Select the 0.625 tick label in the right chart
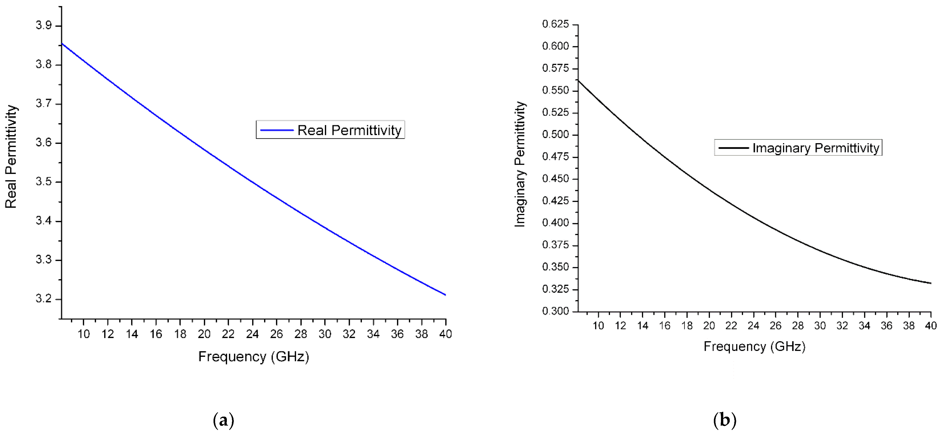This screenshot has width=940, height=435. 555,24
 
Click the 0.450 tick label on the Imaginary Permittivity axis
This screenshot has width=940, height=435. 555,179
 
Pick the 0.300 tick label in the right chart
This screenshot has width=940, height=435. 555,311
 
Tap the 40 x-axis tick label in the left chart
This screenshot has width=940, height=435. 446,334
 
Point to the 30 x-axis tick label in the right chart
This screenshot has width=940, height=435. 820,326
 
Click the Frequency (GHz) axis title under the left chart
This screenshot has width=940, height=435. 254,357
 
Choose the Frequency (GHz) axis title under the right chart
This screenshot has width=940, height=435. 754,346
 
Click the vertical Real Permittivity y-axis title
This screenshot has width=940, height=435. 11,157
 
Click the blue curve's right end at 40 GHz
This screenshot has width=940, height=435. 445,295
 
